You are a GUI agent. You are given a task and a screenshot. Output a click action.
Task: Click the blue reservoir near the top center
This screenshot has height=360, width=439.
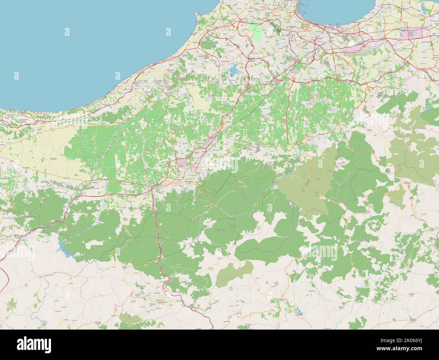pyautogui.click(x=233, y=71)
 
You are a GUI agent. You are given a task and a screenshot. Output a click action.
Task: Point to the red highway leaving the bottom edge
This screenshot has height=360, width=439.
pyautogui.click(x=211, y=325)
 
